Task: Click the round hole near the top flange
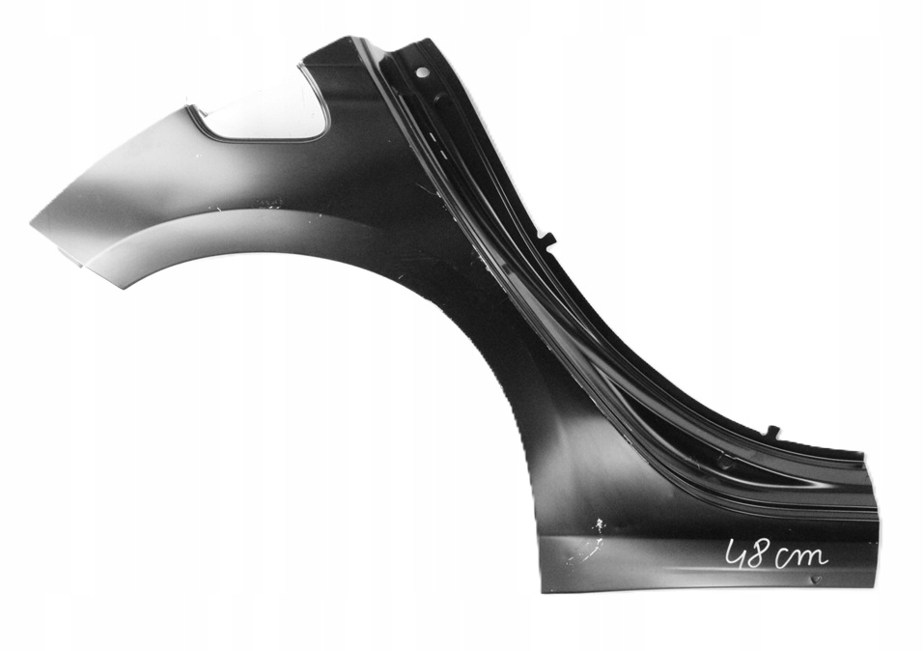point(421,73)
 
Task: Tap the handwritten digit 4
point(736,554)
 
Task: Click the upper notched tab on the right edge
point(547,239)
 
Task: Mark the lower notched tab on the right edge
point(773,432)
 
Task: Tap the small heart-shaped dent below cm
point(816,580)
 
